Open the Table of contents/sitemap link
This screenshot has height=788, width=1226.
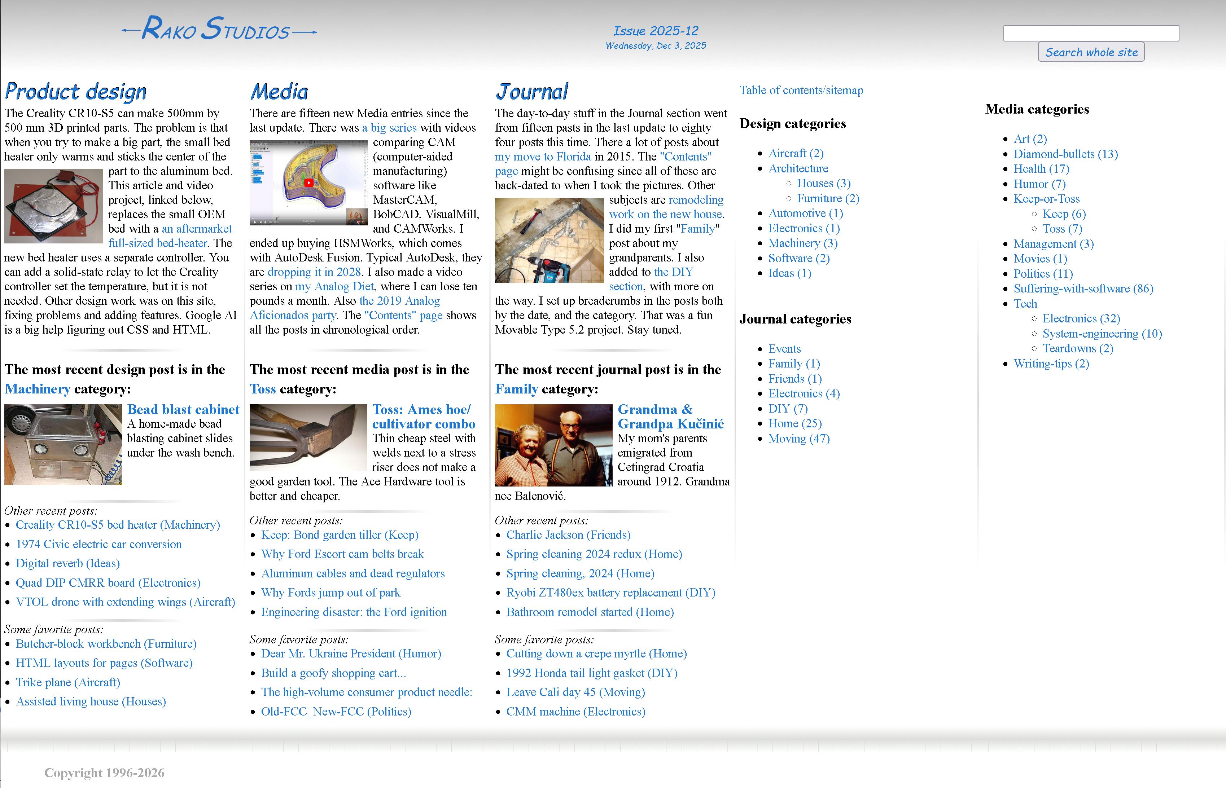(x=801, y=91)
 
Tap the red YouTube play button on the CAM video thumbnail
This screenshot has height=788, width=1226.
(x=309, y=183)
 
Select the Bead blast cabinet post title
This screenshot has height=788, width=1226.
(x=183, y=410)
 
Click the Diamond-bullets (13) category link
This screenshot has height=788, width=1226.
(x=1065, y=154)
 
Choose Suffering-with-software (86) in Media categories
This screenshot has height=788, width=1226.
(x=1083, y=289)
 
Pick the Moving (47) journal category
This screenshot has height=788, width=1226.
(x=798, y=439)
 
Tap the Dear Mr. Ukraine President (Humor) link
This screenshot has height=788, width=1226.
(x=351, y=653)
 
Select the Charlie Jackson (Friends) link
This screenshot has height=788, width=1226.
(x=568, y=535)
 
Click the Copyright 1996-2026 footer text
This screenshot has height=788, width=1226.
(x=104, y=772)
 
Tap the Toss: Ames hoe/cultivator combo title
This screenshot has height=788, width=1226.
(x=423, y=417)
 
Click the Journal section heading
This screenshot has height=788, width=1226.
(x=531, y=92)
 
